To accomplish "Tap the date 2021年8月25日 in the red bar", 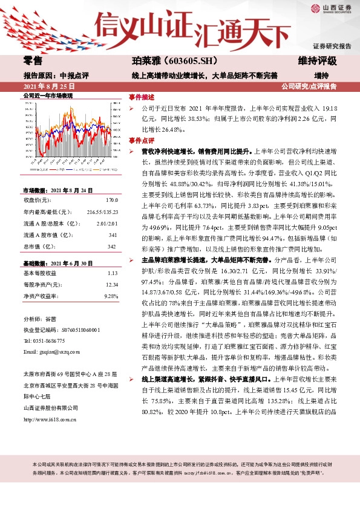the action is pos(45,86).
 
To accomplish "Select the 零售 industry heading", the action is pos(33,61).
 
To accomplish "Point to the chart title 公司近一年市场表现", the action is pos(48,96).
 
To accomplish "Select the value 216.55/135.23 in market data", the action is pos(102,212).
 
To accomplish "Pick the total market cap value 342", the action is pos(112,246).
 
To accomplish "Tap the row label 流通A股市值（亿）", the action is pos(50,235).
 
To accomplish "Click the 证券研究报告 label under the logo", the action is pos(332,46).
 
